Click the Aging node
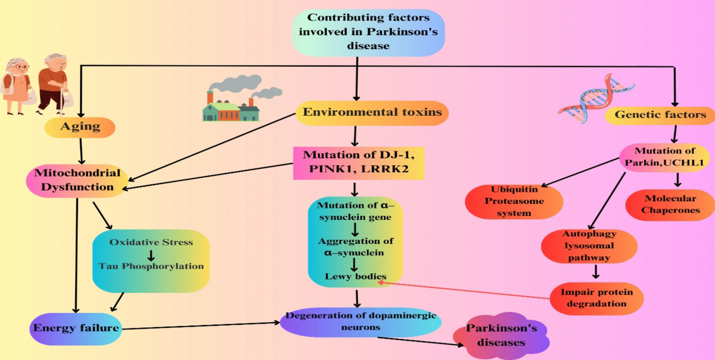[x=80, y=127]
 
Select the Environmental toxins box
[x=372, y=113]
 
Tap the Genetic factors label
[x=660, y=115]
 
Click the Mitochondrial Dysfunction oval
[x=77, y=180]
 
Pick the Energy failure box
[x=76, y=328]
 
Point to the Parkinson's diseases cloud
[x=501, y=335]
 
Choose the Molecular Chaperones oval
[x=670, y=205]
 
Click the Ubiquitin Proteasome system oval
[x=514, y=201]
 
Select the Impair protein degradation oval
[x=596, y=298]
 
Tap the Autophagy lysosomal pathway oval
[x=589, y=246]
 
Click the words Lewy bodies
[x=355, y=276]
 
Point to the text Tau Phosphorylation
[x=151, y=266]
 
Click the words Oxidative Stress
[x=151, y=242]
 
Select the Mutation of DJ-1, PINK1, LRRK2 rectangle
[x=358, y=163]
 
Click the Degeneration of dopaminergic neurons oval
[x=360, y=322]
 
